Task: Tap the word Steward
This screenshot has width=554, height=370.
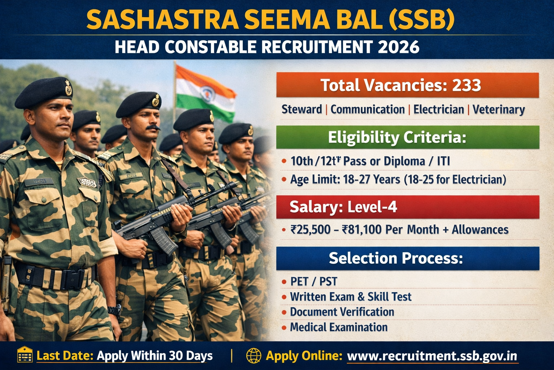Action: coord(302,109)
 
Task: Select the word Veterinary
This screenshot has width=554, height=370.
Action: coord(498,109)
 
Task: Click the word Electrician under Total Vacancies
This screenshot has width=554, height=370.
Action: coord(439,109)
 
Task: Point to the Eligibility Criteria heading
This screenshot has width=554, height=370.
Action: coord(397,137)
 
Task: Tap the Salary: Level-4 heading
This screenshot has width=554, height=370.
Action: coord(343,207)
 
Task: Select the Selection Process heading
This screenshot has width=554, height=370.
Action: coord(396,258)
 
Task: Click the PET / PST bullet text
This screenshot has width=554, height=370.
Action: coord(313,281)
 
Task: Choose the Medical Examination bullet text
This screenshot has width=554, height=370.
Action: coord(339,327)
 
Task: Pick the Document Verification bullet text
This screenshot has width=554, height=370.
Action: coord(342,312)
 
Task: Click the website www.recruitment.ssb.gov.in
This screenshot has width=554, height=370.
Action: coord(432,356)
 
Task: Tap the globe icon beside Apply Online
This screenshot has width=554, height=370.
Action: coord(254,356)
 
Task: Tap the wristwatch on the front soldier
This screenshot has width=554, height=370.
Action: coord(115,310)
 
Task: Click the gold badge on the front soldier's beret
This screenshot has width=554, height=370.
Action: coord(68,88)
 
